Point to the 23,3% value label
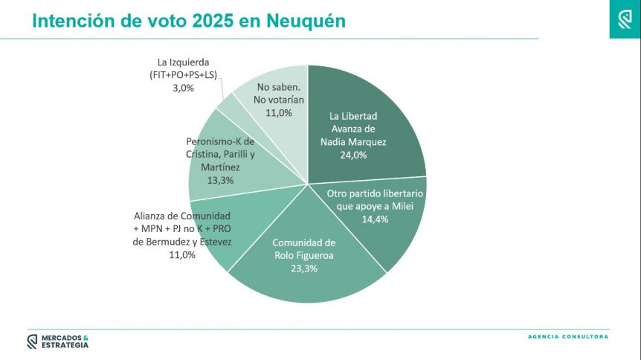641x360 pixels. click(303, 269)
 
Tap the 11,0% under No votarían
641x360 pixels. click(279, 112)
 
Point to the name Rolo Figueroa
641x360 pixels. click(303, 255)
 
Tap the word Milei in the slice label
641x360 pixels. click(398, 207)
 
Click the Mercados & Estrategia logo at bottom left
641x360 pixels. click(57, 341)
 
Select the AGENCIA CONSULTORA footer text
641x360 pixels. click(567, 337)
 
